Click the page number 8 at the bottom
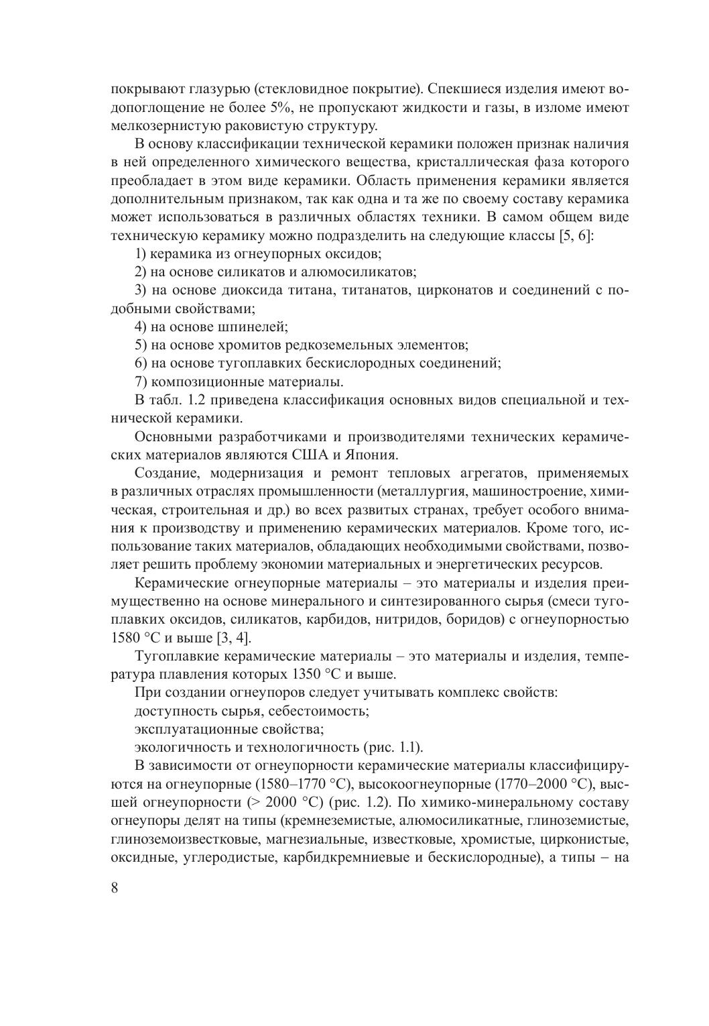click(115, 888)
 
